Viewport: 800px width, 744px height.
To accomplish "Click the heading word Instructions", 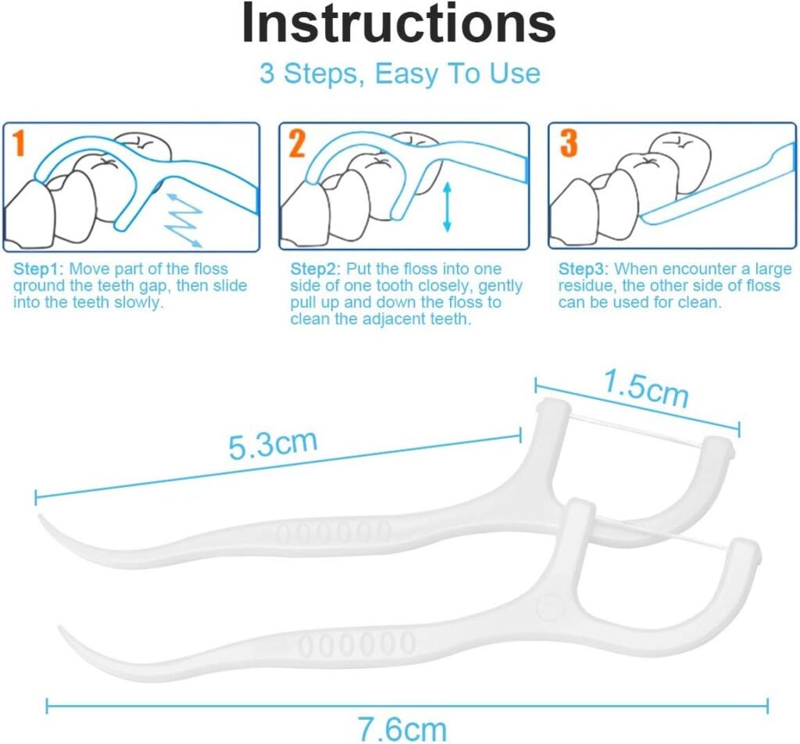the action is pos(398,23).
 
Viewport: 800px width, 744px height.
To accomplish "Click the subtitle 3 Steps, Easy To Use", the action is pos(400,73).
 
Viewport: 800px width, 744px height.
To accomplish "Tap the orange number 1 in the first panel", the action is pos(19,143).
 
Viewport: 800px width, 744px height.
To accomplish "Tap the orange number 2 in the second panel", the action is pos(297,143).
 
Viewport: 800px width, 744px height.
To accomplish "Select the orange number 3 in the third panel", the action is pos(569,143).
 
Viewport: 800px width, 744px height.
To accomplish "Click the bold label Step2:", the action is pos(316,269).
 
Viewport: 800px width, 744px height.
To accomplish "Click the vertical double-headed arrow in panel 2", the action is pos(448,206).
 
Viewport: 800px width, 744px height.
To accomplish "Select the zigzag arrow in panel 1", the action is pos(184,220).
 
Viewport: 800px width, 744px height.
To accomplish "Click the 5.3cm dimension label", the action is pos(273,445).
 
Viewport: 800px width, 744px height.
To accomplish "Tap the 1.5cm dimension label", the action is pos(646,388).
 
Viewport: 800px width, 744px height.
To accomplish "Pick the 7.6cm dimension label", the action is pos(402,729).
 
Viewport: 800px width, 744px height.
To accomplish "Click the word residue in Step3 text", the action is pos(587,285).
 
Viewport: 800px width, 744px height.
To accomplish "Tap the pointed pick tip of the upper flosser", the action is pos(40,516).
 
